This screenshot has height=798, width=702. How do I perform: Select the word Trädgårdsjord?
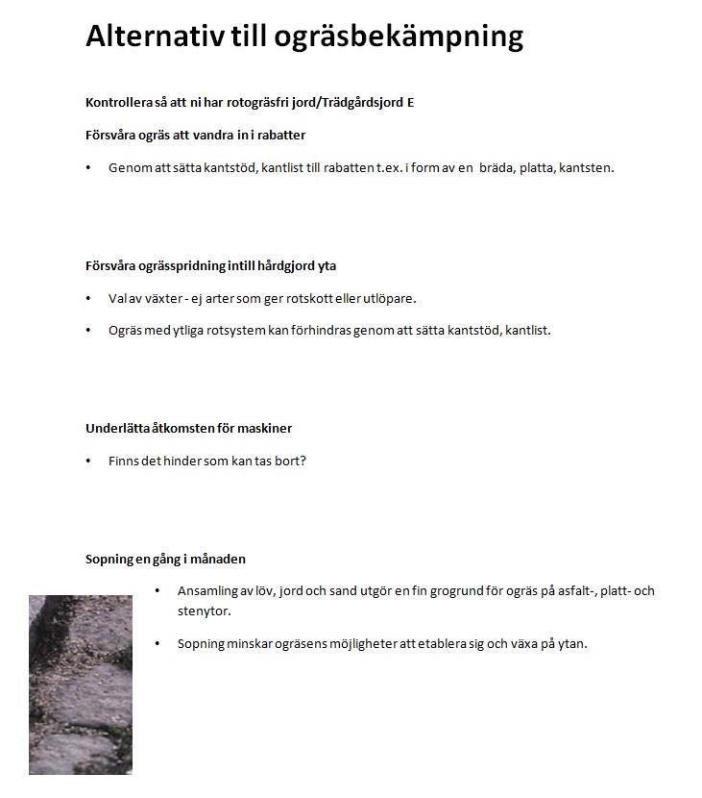coord(364,102)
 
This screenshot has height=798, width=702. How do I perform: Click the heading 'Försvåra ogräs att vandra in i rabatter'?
coord(195,135)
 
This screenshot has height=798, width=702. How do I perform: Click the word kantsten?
coord(586,167)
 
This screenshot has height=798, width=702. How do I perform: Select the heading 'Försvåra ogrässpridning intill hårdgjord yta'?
coord(210,265)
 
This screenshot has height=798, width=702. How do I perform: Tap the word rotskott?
coord(331,298)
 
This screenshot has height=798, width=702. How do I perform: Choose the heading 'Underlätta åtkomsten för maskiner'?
coord(188,428)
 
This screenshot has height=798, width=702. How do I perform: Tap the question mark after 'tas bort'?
coord(303,461)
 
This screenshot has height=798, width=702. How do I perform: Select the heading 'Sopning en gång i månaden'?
coord(165,559)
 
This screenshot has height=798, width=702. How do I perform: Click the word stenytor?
coord(204,611)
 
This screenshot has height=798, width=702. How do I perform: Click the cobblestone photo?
coord(81,685)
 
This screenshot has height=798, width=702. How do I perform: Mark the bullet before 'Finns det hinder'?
coord(88,461)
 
